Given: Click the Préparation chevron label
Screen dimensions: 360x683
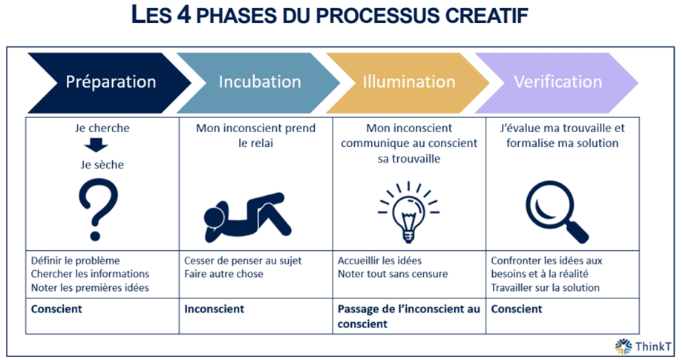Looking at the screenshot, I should point(111,82).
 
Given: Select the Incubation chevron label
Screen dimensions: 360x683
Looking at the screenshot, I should point(260,82).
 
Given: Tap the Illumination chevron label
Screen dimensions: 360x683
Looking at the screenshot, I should point(409,82).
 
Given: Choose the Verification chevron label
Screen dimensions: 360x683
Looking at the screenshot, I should point(558,82).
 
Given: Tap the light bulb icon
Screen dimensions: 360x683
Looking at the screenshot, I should point(408,212).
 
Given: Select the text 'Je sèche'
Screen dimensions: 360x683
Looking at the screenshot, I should point(102,165).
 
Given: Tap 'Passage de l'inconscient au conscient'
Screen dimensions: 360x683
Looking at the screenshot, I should point(408,316).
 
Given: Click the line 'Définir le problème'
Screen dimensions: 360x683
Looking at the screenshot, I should point(76,261).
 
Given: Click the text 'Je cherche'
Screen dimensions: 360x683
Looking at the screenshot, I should point(102,128).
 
